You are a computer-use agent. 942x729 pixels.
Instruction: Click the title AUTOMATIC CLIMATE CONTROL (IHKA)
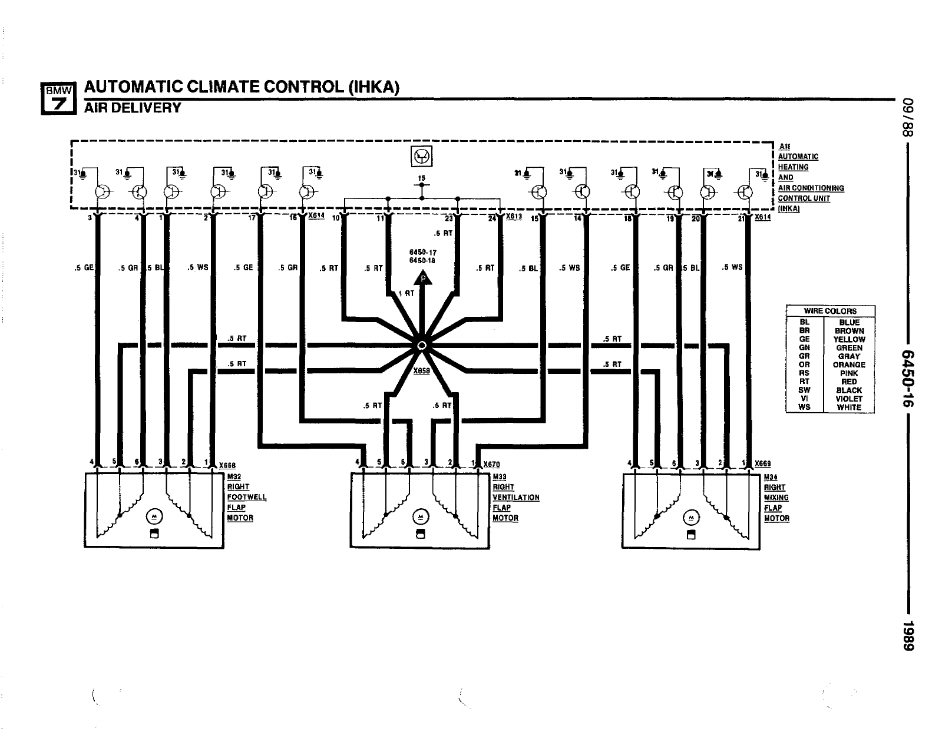[242, 87]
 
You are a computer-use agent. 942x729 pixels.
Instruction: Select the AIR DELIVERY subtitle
[133, 108]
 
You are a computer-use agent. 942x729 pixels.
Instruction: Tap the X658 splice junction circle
[421, 346]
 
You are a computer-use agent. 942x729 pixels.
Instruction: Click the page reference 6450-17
[422, 253]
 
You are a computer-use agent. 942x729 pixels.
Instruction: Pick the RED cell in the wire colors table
[849, 382]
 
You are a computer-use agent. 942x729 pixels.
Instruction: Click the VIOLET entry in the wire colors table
[849, 399]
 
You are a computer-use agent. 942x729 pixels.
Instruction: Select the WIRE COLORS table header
[830, 311]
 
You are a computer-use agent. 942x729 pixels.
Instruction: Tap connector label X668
[227, 465]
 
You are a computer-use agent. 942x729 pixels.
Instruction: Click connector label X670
[491, 465]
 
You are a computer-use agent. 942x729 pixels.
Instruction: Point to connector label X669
[763, 464]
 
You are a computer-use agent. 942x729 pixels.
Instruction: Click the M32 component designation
[234, 476]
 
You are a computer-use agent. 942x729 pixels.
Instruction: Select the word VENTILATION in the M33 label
[516, 498]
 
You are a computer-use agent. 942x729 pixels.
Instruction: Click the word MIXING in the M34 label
[776, 498]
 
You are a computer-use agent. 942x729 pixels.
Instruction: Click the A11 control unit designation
[785, 146]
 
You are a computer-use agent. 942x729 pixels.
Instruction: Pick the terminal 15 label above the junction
[421, 178]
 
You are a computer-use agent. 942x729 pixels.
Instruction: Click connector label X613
[514, 216]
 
